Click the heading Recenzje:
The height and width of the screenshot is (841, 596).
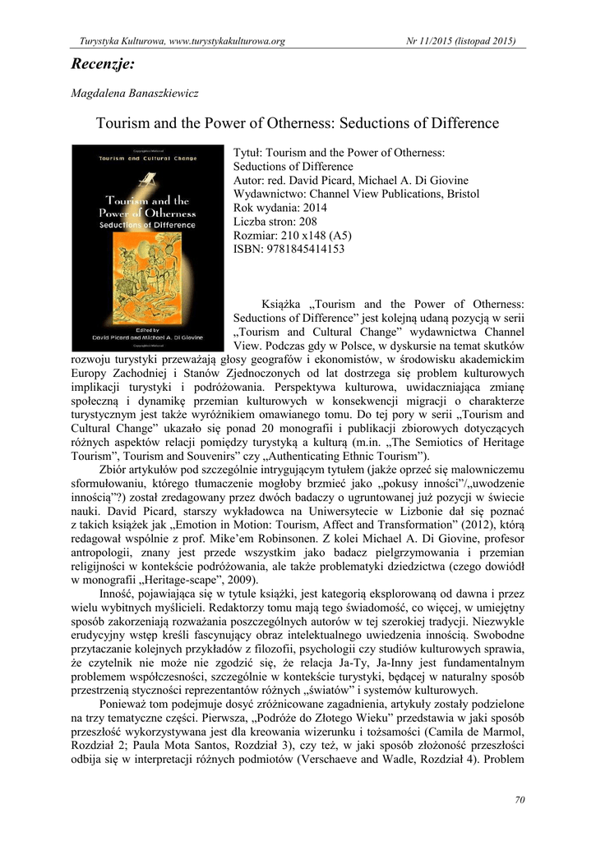102,62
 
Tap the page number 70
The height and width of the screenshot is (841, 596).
519,800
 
